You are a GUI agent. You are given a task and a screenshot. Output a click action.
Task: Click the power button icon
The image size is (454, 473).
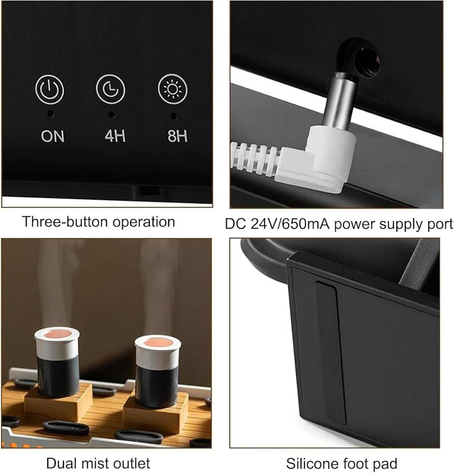(50, 90)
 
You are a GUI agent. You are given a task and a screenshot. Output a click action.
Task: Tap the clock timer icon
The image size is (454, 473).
(110, 90)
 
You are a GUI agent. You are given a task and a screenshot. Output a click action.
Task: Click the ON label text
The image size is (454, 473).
(52, 136)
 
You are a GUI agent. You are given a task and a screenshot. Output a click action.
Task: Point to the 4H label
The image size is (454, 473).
(115, 136)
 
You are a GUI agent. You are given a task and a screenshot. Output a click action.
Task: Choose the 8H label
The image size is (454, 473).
(177, 136)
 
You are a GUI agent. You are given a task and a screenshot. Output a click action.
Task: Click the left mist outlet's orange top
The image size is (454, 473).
(57, 334)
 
